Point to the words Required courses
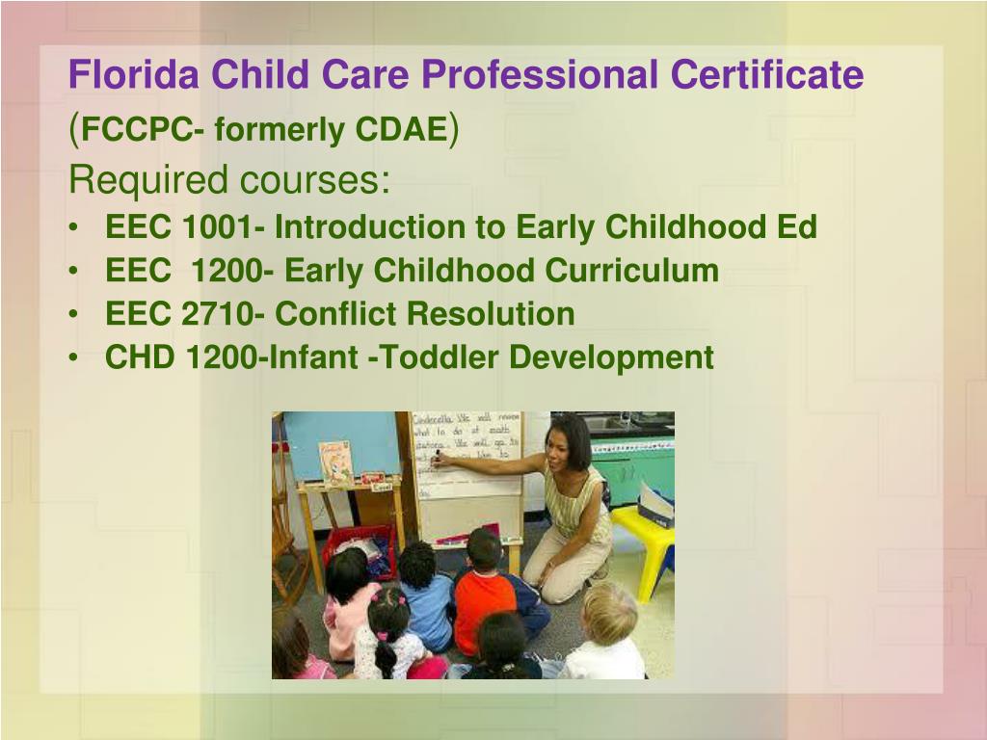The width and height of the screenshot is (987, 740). coord(229,179)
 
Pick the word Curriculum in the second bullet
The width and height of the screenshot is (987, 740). coord(631,271)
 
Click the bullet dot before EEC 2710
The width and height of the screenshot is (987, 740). coord(75,315)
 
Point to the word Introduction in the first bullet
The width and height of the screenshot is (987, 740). coord(370,227)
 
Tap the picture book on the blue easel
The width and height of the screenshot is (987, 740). coord(335,462)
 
